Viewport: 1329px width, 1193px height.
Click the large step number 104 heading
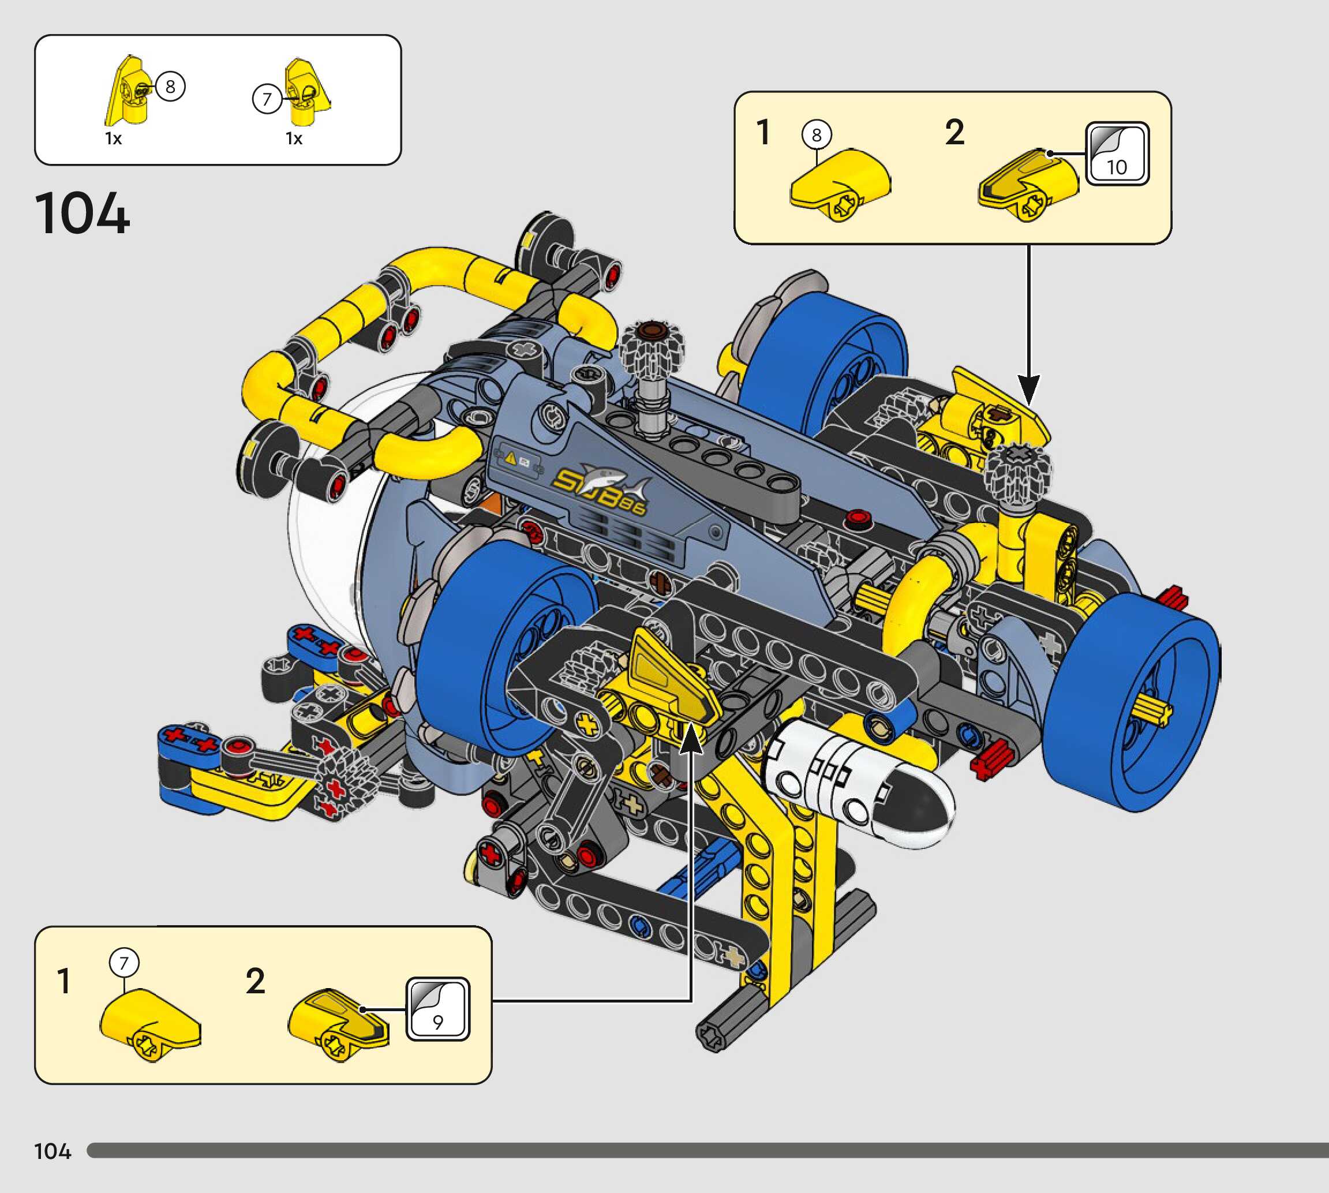pos(83,213)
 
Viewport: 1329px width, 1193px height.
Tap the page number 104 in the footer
pos(53,1151)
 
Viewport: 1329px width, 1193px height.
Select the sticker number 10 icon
pos(1117,154)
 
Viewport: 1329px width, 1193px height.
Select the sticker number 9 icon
pos(438,1009)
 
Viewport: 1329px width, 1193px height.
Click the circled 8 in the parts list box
pos(170,86)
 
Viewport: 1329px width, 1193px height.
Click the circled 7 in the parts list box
pos(267,99)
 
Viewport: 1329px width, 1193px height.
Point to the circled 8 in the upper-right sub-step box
pos(817,134)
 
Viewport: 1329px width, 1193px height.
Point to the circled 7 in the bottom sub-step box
pos(124,963)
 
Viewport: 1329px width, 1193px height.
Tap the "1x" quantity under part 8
pos(113,139)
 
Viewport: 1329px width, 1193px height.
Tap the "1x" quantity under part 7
pos(294,139)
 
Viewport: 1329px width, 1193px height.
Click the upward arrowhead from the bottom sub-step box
pos(691,741)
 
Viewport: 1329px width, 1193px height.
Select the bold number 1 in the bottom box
pos(63,981)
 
